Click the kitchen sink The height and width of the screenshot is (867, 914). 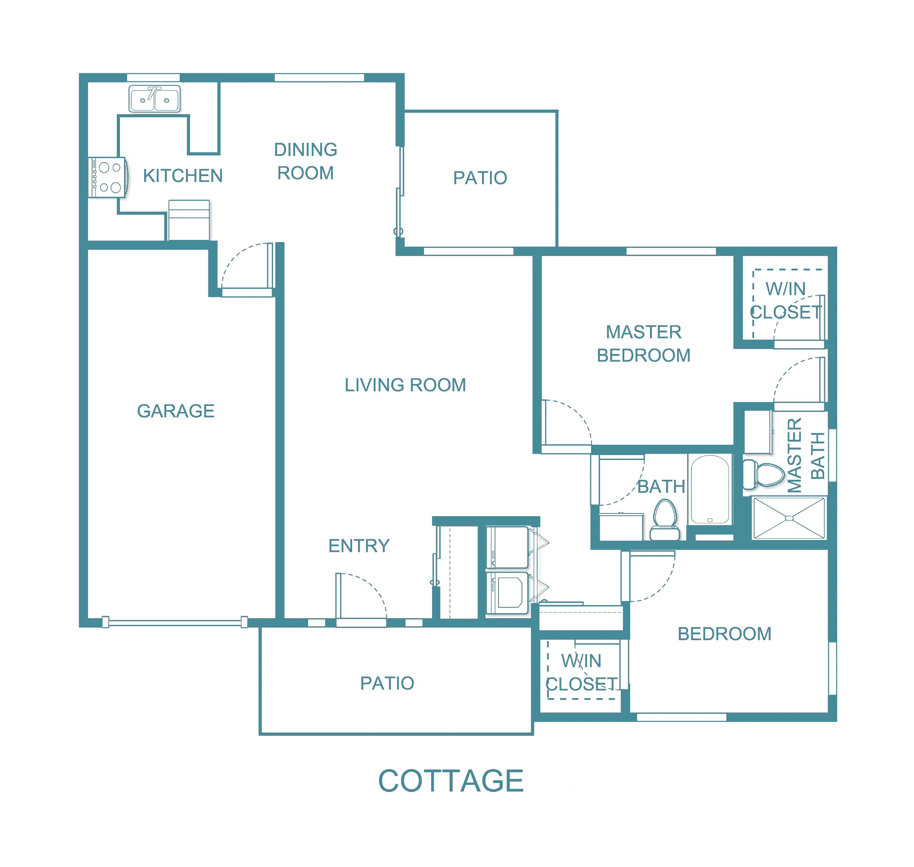[155, 98]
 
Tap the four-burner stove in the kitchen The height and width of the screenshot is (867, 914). [108, 177]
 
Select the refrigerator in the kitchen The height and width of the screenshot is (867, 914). [189, 220]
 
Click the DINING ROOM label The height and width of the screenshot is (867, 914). [305, 161]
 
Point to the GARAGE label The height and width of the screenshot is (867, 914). [176, 411]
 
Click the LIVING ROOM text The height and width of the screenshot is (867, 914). [405, 385]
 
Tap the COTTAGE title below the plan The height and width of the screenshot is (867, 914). [451, 781]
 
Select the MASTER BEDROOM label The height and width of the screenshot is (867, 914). [644, 343]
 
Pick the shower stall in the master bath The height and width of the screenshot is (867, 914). [789, 518]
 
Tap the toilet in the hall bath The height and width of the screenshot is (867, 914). [664, 520]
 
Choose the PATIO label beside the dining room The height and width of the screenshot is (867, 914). [480, 178]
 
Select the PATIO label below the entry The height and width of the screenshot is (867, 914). [387, 683]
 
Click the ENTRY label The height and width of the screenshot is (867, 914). [359, 546]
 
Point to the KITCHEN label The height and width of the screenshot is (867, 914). [183, 176]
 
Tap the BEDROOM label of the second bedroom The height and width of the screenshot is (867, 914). [724, 633]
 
